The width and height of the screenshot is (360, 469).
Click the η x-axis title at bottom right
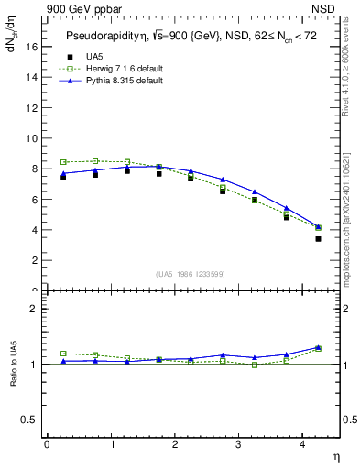click(335, 455)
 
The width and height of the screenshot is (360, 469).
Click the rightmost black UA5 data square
click(318, 239)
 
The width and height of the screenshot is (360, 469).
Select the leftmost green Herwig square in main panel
click(63, 162)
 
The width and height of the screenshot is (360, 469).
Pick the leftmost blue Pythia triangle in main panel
click(63, 173)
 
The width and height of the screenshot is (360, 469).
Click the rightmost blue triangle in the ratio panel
click(318, 347)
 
